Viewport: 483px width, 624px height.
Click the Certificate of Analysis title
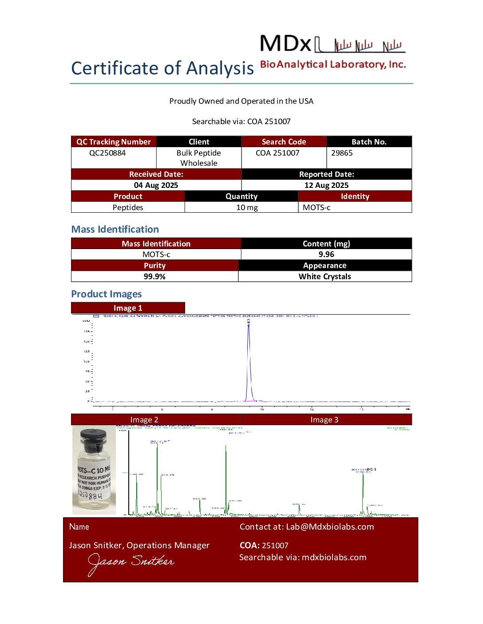point(162,68)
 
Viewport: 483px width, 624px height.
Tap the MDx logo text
point(285,44)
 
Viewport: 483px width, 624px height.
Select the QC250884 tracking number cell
point(107,153)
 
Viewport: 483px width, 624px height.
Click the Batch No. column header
point(369,142)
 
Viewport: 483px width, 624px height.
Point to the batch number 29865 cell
point(342,153)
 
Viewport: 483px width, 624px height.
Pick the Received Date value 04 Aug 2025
point(156,185)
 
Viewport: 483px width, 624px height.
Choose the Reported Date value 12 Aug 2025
point(326,185)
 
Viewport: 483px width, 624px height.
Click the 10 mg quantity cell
point(247,207)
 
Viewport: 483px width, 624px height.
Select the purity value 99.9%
point(154,277)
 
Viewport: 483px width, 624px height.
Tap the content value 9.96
point(326,254)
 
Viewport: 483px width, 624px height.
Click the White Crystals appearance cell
point(325,277)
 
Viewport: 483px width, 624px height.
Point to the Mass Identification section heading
point(115,229)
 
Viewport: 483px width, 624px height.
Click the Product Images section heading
point(107,294)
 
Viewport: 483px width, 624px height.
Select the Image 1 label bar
point(128,308)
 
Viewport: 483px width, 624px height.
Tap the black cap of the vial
point(94,437)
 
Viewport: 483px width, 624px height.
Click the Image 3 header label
point(324,420)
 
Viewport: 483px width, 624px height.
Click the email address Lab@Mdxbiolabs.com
point(330,526)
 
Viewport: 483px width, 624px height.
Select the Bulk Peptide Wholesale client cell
point(199,158)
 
